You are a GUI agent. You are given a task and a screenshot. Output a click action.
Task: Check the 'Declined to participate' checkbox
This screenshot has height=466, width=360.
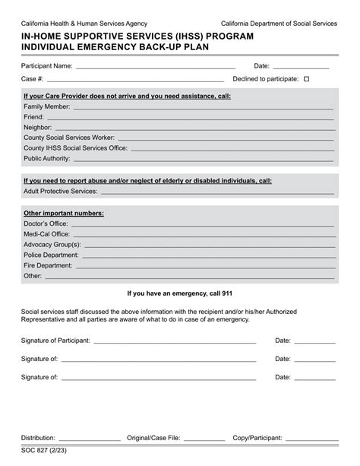[307, 79]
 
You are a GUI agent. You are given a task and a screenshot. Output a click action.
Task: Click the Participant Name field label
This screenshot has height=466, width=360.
[47, 66]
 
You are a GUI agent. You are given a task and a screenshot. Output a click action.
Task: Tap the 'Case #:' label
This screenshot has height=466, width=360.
[33, 79]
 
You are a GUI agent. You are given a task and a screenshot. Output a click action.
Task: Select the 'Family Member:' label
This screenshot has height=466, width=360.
[47, 107]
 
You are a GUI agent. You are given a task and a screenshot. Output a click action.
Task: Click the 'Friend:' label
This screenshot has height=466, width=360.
[34, 118]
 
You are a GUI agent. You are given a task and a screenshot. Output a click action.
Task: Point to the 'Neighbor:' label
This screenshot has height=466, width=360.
[38, 128]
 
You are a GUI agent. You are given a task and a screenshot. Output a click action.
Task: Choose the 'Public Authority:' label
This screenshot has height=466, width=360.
[47, 159]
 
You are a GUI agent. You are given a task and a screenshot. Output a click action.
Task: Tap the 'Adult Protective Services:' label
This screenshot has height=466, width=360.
[61, 192]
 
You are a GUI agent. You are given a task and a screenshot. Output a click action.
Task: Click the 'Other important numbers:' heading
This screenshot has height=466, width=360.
[64, 214]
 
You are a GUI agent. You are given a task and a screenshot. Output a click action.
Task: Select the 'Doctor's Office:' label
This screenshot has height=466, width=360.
[46, 224]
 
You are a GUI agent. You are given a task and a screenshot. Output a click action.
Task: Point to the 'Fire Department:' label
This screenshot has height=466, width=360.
[49, 265]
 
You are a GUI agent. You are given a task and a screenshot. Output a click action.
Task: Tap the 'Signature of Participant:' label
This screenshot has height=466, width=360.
[57, 340]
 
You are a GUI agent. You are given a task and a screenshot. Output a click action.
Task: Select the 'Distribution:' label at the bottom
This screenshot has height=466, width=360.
[38, 438]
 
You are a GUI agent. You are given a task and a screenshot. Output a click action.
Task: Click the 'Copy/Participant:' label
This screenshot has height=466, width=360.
[257, 438]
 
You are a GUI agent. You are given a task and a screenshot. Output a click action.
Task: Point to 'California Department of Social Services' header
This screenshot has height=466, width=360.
[284, 24]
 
